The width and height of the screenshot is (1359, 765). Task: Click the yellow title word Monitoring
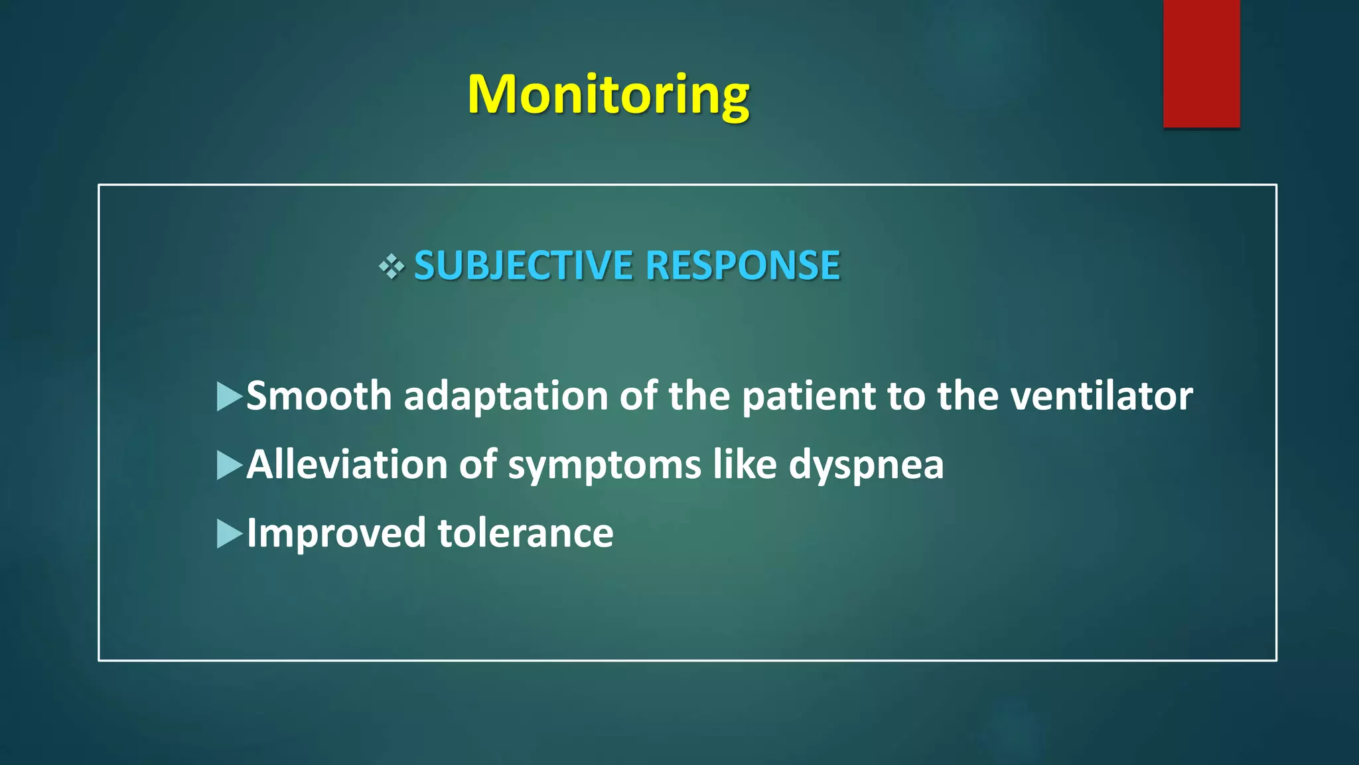point(608,95)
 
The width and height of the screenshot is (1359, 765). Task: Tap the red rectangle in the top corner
point(1201,64)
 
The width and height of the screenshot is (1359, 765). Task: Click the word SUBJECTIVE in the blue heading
point(523,266)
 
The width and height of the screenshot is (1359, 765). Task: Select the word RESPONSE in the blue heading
point(743,266)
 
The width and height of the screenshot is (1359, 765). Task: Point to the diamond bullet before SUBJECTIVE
point(392,266)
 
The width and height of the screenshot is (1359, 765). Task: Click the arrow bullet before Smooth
point(229,396)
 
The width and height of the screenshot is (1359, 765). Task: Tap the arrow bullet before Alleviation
point(229,465)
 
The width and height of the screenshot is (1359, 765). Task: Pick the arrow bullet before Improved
point(229,534)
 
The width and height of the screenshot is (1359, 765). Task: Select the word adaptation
point(506,396)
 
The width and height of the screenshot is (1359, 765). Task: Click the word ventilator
point(1102,396)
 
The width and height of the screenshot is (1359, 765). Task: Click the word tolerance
point(526,534)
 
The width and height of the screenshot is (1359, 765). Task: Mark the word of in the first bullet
point(638,396)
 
